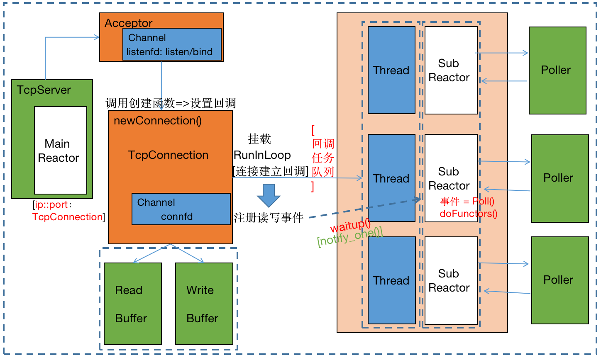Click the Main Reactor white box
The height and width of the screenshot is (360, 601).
[x=61, y=151]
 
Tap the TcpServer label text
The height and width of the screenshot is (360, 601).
[x=44, y=90]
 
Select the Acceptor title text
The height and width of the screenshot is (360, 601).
[x=128, y=23]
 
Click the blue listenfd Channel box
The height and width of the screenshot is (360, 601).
[x=172, y=44]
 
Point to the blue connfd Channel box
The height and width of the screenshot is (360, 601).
[x=181, y=209]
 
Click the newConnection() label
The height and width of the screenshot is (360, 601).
[x=158, y=121]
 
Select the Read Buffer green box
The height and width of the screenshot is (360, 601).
[x=132, y=304]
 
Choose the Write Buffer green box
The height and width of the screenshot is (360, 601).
[x=204, y=304]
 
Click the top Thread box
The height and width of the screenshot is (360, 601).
[x=391, y=70]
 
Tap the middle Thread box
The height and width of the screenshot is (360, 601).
[x=391, y=178]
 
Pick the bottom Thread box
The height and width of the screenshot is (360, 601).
[x=391, y=280]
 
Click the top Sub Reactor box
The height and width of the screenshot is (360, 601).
[x=451, y=70]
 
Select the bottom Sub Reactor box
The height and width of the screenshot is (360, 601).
[x=451, y=280]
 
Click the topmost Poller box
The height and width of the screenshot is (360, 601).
[x=557, y=70]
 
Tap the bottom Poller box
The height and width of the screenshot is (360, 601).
[x=559, y=280]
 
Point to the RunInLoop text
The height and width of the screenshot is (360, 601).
[x=262, y=155]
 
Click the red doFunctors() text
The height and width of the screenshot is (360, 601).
[x=468, y=214]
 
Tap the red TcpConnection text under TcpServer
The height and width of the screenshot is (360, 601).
[x=67, y=217]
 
